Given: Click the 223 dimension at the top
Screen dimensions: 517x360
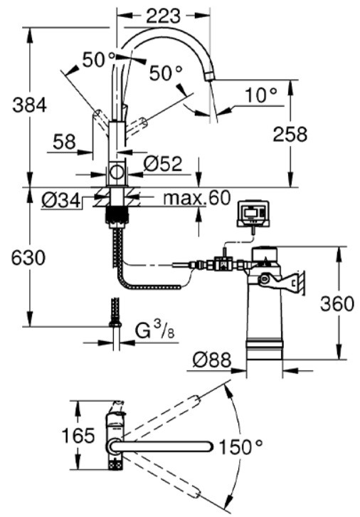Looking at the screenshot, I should click(163, 14).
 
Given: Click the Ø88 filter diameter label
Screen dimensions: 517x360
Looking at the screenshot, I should click(213, 360).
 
